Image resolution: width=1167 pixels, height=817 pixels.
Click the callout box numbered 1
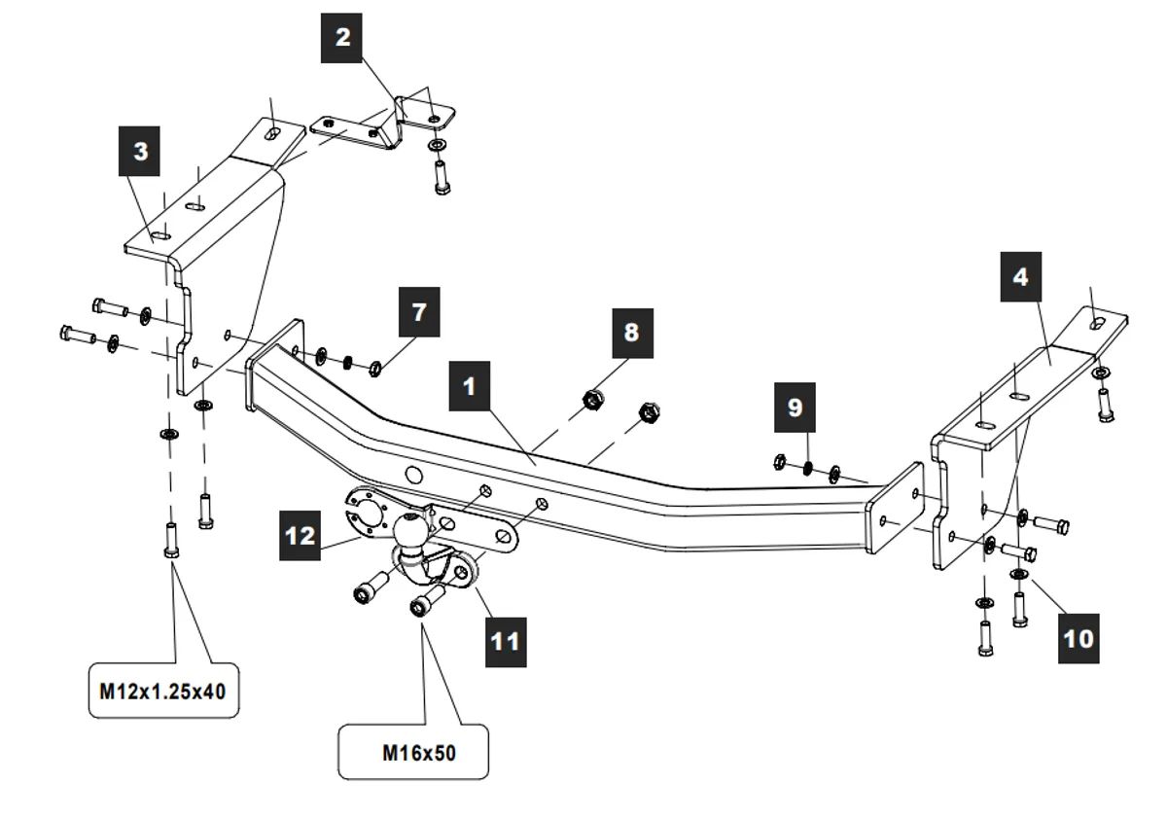pyautogui.click(x=470, y=387)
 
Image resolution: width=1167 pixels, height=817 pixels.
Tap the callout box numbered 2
pyautogui.click(x=342, y=38)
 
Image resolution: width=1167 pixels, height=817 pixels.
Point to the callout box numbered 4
pyautogui.click(x=1020, y=276)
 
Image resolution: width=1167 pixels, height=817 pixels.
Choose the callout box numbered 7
pyautogui.click(x=419, y=311)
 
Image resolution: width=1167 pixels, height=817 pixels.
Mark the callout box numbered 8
pyautogui.click(x=631, y=334)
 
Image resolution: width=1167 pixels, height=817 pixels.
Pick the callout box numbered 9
pyautogui.click(x=796, y=407)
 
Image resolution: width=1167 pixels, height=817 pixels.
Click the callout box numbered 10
pyautogui.click(x=1079, y=637)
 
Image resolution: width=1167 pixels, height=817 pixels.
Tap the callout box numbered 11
pyautogui.click(x=506, y=641)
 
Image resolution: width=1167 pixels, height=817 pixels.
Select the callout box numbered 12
pyautogui.click(x=301, y=536)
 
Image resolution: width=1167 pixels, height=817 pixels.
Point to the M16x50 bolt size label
pyautogui.click(x=413, y=752)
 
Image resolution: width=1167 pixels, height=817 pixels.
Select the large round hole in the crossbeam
pyautogui.click(x=412, y=476)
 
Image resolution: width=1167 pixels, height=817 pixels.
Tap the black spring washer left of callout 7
pyautogui.click(x=344, y=362)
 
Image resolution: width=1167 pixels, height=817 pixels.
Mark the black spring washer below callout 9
pyautogui.click(x=808, y=468)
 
